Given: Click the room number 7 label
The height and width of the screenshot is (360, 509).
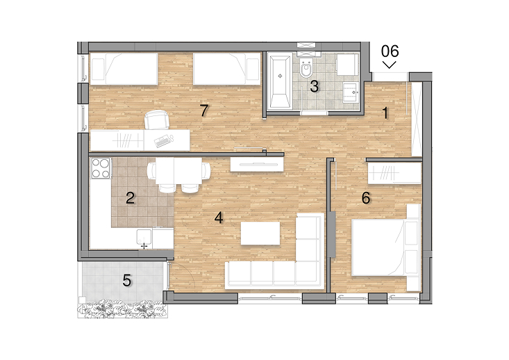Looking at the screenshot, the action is pos(204,111).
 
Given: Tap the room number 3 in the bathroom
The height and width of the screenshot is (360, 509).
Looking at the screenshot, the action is pos(314,86).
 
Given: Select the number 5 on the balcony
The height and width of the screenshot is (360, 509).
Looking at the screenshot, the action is pos(127,280).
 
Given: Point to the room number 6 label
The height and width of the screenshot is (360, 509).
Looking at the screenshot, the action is pos(366,198).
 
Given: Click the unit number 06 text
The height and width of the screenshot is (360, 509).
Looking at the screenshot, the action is pos(390,51).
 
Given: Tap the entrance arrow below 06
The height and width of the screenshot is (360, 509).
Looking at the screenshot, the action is pos(390,65).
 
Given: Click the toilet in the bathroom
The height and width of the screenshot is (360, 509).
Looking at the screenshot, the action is pos(306,68).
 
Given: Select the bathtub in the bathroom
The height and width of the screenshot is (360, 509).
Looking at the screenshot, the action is pos(280,82).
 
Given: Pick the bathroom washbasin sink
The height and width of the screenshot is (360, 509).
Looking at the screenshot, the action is pos(351,92).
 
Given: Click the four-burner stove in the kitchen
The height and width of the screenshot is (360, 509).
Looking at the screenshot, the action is pos(101,168).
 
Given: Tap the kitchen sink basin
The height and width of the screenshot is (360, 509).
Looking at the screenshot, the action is pos(144,237).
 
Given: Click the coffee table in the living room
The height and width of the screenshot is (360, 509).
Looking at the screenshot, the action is pos(260,234).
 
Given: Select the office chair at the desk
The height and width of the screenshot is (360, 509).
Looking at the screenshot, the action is pos(157,120).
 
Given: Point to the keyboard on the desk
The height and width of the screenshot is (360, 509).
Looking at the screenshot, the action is pos(162,141).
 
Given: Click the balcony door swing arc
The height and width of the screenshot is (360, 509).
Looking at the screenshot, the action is pos(187,272).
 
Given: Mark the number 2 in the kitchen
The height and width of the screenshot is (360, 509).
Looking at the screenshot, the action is pos(130,198).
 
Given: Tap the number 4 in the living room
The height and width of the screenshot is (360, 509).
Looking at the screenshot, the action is pos(219,218).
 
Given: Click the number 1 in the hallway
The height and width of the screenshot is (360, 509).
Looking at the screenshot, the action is pos(385,113).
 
